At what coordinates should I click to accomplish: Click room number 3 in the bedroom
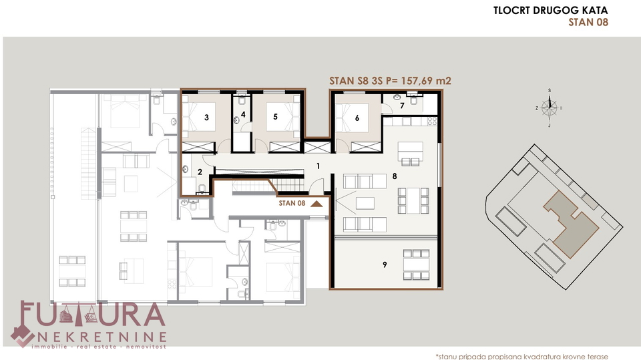pyautogui.click(x=206, y=118)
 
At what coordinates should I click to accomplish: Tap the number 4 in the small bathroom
pyautogui.click(x=243, y=115)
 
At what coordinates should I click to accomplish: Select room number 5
pyautogui.click(x=275, y=117)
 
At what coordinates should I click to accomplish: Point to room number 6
pyautogui.click(x=357, y=118)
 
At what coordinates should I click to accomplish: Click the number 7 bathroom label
pyautogui.click(x=402, y=106)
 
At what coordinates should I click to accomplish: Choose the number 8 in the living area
pyautogui.click(x=395, y=176)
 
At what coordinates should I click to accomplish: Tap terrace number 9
pyautogui.click(x=385, y=264)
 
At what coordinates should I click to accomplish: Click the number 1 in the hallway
pyautogui.click(x=318, y=166)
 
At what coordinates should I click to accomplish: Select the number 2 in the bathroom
pyautogui.click(x=200, y=172)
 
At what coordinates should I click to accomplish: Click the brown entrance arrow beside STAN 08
pyautogui.click(x=316, y=203)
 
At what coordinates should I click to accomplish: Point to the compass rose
pyautogui.click(x=549, y=108)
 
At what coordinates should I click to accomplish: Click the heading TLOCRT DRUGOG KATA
pyautogui.click(x=550, y=10)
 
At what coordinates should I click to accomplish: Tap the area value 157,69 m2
pyautogui.click(x=426, y=81)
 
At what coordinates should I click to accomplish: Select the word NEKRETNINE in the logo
pyautogui.click(x=102, y=337)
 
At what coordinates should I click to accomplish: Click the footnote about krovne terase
pyautogui.click(x=521, y=357)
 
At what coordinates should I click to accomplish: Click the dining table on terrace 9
pyautogui.click(x=416, y=264)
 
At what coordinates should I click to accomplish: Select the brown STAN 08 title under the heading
pyautogui.click(x=588, y=22)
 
